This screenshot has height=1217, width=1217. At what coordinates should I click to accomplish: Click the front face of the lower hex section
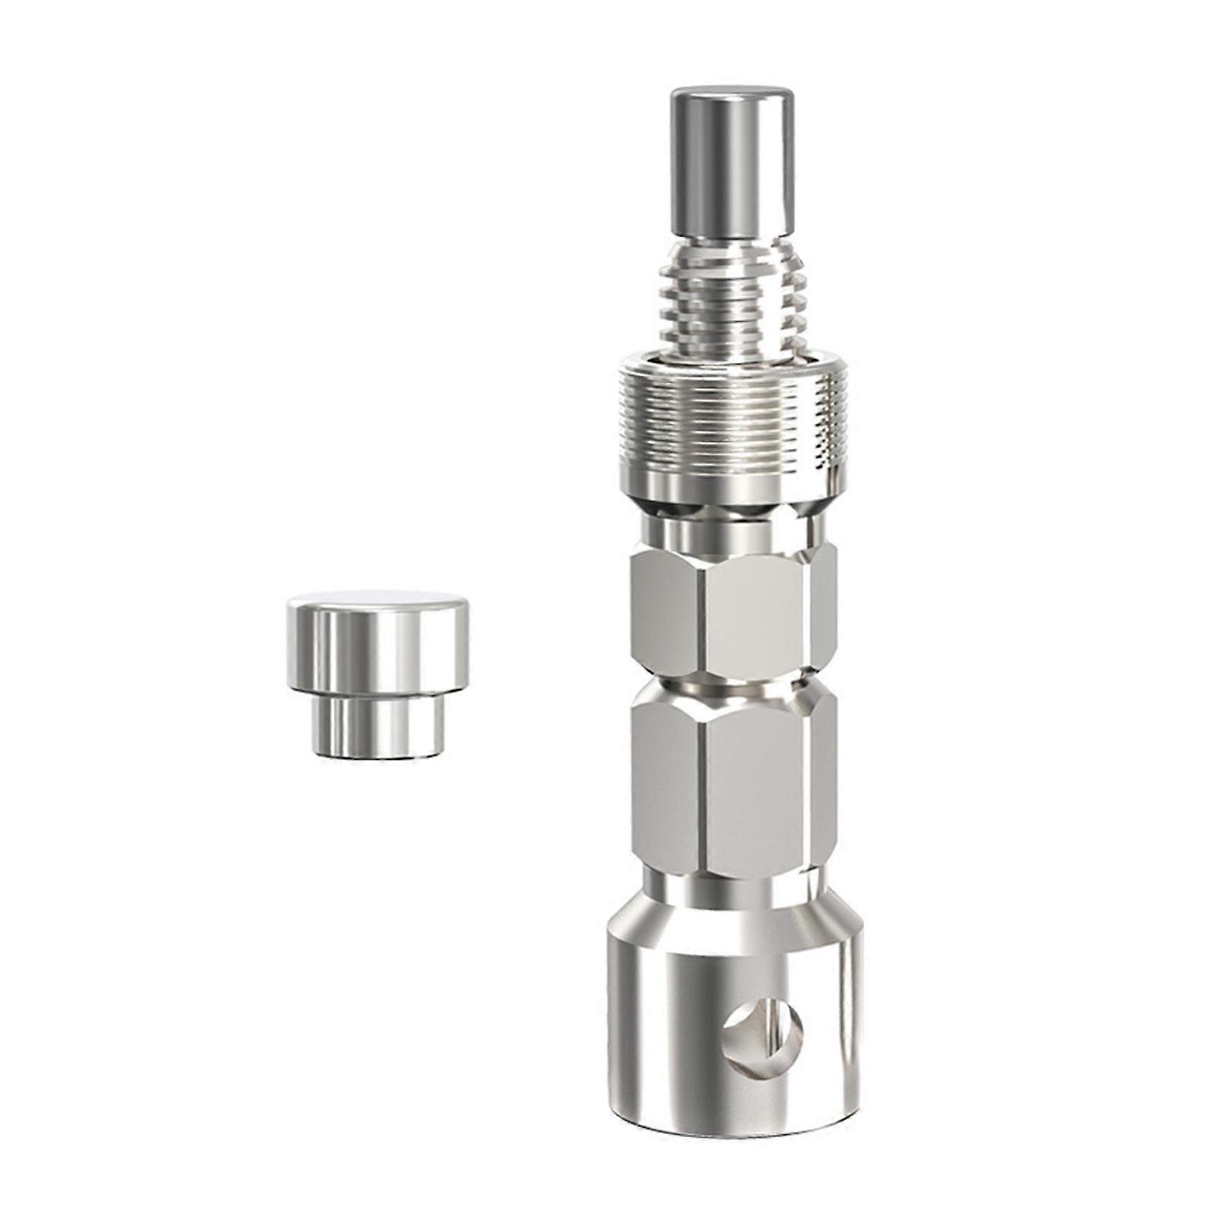tap(757, 783)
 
